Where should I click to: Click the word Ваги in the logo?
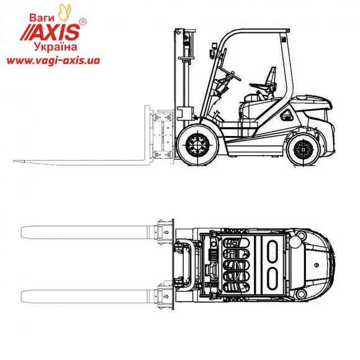[x=42, y=17]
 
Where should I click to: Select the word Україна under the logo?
[x=56, y=47]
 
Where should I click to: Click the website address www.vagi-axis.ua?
[x=53, y=61]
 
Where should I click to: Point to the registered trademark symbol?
[x=83, y=22]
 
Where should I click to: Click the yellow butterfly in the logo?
[x=65, y=12]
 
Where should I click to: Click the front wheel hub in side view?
[x=197, y=145]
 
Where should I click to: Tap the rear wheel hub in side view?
[x=303, y=150]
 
